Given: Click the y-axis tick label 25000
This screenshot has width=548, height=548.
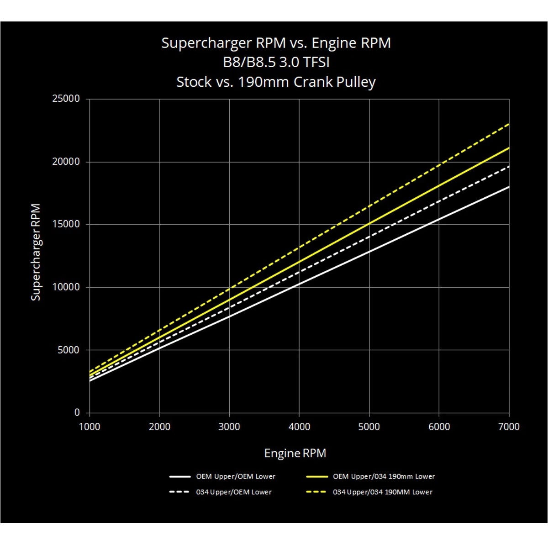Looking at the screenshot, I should (66, 99).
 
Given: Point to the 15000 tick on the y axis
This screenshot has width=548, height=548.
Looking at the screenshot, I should (66, 224).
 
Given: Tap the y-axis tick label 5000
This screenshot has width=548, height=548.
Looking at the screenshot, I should (68, 350).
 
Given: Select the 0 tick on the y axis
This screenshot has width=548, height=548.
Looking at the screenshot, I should (77, 413).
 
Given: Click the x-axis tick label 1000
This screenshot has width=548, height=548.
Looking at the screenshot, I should (90, 427).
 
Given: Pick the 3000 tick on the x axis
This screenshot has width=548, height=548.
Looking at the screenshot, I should (229, 427).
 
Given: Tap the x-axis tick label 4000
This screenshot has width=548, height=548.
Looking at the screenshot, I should (299, 427).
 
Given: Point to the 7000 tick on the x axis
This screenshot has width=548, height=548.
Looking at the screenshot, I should (509, 427).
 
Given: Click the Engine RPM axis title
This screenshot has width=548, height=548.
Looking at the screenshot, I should (295, 453).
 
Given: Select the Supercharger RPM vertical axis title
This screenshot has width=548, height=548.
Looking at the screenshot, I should (36, 252).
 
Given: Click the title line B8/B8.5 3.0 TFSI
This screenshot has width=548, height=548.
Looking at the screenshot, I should (276, 62).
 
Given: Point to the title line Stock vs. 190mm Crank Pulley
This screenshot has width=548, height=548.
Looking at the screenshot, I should (276, 82).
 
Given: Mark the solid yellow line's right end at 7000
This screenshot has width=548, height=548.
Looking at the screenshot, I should (508, 148).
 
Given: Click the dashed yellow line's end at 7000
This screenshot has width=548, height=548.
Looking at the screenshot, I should (508, 124).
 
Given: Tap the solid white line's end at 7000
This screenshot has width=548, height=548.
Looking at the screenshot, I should (508, 187).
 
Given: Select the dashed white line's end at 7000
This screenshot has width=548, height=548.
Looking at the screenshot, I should (508, 166).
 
